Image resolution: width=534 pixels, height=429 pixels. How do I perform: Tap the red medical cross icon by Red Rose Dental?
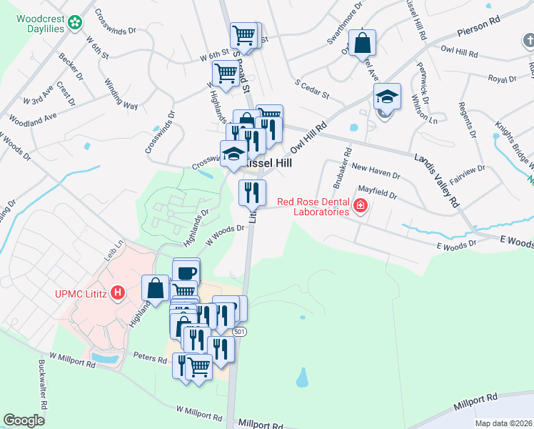pyautogui.click(x=361, y=207)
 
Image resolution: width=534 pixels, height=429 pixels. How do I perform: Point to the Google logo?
pyautogui.click(x=24, y=420)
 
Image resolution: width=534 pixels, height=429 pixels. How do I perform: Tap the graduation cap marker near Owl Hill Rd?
pyautogui.click(x=387, y=97)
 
